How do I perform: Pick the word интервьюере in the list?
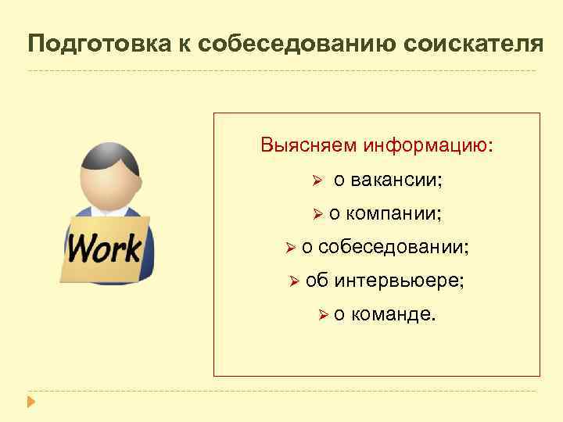tap(399, 281)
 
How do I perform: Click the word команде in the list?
tap(395, 314)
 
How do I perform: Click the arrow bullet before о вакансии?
tap(317, 181)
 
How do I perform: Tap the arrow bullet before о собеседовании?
tap(289, 248)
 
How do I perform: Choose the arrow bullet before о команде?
tap(323, 315)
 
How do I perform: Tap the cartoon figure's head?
tap(111, 180)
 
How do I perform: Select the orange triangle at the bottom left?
tap(30, 403)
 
